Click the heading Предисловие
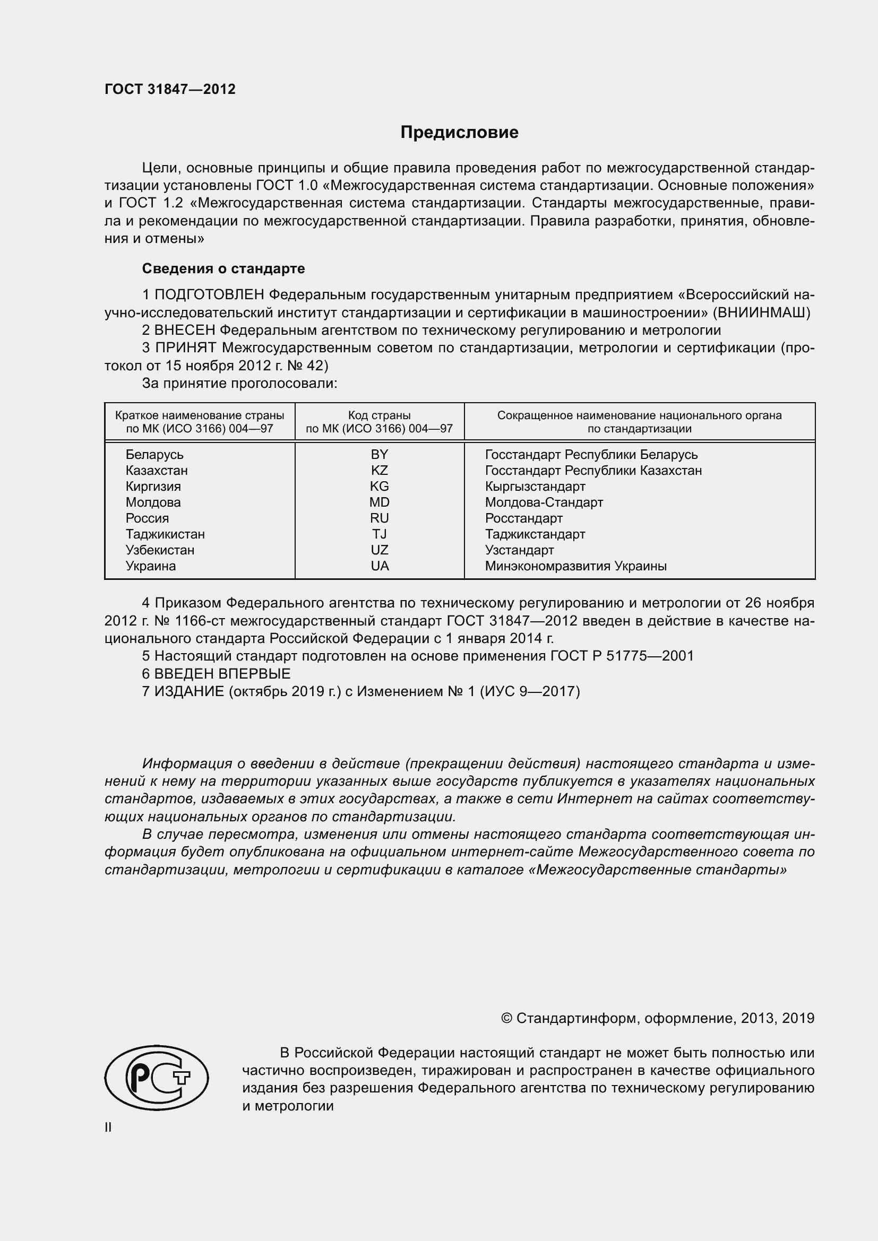pyautogui.click(x=459, y=133)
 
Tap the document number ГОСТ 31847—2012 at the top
pyautogui.click(x=170, y=90)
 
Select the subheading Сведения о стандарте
pyautogui.click(x=223, y=268)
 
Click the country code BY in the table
pyautogui.click(x=379, y=455)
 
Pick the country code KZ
pyautogui.click(x=379, y=470)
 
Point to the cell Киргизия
pyautogui.click(x=153, y=487)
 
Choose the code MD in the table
pyautogui.click(x=379, y=502)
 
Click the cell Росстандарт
pyautogui.click(x=523, y=518)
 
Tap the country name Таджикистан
pyautogui.click(x=165, y=534)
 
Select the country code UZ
pyautogui.click(x=379, y=550)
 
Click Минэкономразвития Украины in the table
pyautogui.click(x=575, y=566)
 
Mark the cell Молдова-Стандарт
pyautogui.click(x=544, y=502)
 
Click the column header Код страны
pyautogui.click(x=379, y=415)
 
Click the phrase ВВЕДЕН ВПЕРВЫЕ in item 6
pyautogui.click(x=222, y=673)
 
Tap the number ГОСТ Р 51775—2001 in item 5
pyautogui.click(x=622, y=656)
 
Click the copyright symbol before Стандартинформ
pyautogui.click(x=506, y=1018)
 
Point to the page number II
pyautogui.click(x=108, y=1127)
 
